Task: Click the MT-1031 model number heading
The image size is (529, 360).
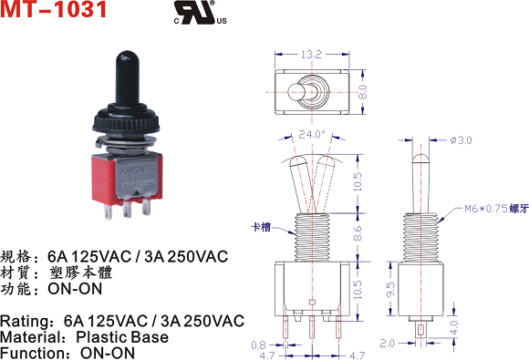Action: click(x=53, y=9)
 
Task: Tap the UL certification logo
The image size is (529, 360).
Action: click(x=200, y=13)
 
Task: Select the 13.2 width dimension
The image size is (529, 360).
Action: click(x=311, y=55)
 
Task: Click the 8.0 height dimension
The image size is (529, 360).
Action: click(x=362, y=92)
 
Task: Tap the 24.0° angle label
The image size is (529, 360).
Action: click(x=312, y=134)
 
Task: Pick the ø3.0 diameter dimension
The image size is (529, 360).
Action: click(x=461, y=139)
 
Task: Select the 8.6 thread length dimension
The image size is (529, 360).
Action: click(x=358, y=233)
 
